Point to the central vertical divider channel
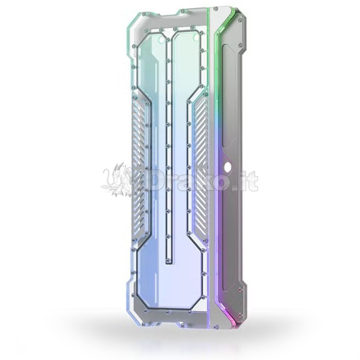[168, 149]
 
